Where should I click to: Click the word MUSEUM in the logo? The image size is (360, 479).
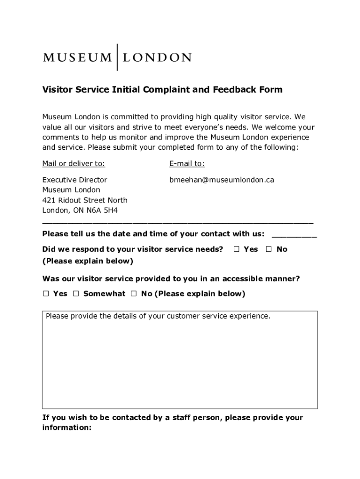(x=77, y=58)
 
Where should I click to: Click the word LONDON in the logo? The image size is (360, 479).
(x=157, y=58)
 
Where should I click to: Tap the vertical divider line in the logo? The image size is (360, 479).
(x=116, y=57)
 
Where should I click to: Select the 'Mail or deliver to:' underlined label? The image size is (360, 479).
(x=74, y=164)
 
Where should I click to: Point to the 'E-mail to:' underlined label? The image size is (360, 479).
(x=187, y=164)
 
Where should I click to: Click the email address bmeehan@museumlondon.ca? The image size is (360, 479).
(x=222, y=180)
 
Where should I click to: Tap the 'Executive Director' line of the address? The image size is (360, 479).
(x=75, y=180)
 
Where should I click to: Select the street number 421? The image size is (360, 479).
(x=49, y=200)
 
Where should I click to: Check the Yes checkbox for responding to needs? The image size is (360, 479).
(x=237, y=249)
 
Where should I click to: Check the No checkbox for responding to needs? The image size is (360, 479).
(x=269, y=249)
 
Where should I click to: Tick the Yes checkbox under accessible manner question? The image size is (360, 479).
(x=46, y=294)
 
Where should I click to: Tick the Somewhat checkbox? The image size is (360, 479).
(x=76, y=294)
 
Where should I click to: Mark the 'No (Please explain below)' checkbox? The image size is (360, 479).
(x=134, y=294)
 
